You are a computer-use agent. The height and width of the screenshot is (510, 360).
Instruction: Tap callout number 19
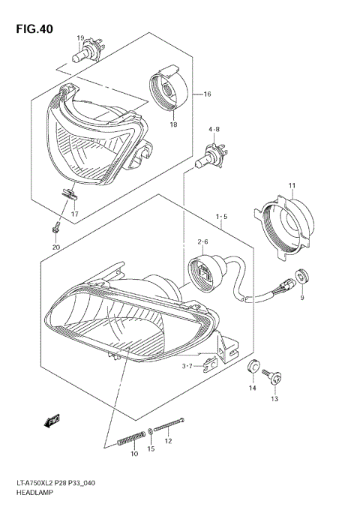click(79, 37)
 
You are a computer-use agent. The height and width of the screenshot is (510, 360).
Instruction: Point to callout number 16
click(207, 94)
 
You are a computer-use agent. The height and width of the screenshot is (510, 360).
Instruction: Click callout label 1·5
click(222, 217)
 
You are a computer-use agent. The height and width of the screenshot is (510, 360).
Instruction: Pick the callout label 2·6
click(202, 241)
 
